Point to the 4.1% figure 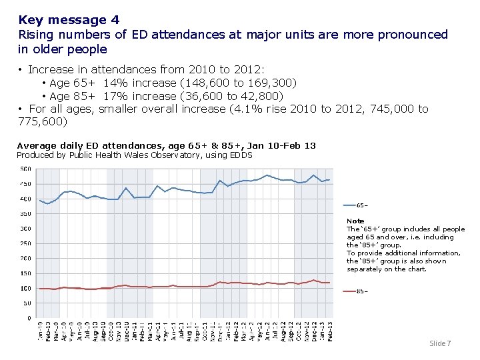tap(243, 109)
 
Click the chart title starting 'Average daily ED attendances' tap(166, 145)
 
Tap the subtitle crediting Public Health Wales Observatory tap(134, 155)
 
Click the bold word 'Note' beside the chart tap(355, 221)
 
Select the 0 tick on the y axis tap(28, 318)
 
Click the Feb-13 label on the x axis tap(330, 331)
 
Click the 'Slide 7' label tap(440, 343)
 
